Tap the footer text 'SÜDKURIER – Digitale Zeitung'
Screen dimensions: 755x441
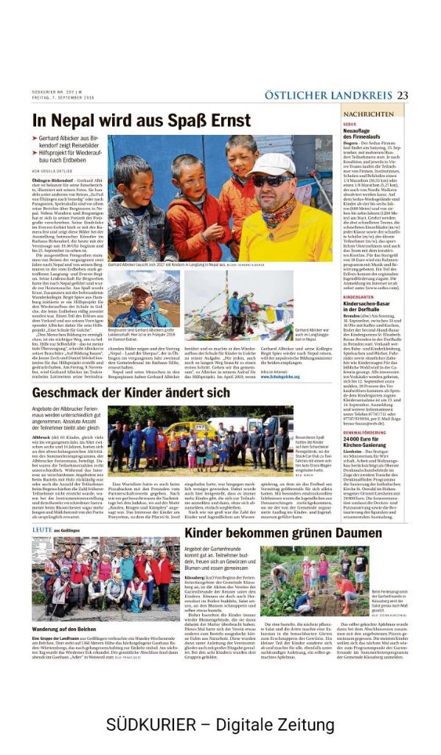220,724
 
